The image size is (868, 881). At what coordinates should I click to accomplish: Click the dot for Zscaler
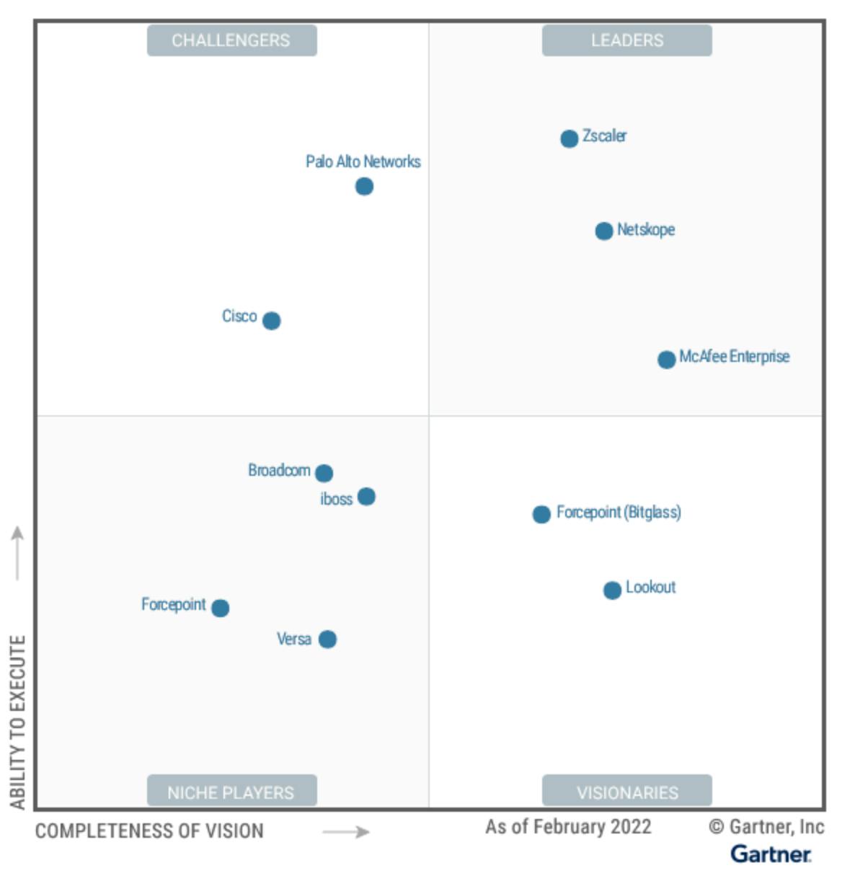tap(569, 138)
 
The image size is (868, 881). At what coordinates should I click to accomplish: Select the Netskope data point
tap(603, 231)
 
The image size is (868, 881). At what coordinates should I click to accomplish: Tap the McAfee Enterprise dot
tap(666, 359)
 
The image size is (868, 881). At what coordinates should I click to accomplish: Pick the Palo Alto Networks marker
tap(364, 187)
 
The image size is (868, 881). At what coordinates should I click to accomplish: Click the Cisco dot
tap(271, 321)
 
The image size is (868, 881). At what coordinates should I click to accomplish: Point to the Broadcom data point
tap(324, 473)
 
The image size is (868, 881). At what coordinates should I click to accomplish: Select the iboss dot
tap(366, 497)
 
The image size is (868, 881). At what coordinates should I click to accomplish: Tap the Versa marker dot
tap(327, 639)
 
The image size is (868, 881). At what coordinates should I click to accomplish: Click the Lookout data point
tap(612, 590)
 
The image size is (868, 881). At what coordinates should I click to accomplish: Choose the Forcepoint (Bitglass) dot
tap(541, 514)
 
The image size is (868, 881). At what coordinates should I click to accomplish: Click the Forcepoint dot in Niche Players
tap(221, 608)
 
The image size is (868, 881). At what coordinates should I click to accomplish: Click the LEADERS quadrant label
tap(627, 40)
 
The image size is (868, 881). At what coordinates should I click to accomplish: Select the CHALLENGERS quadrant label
tap(231, 40)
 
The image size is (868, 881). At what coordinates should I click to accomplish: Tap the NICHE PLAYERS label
tap(231, 792)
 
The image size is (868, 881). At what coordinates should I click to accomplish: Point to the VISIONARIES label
tap(627, 792)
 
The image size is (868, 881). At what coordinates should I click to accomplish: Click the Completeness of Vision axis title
tap(149, 831)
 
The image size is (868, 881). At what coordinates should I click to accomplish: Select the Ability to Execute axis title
tap(17, 721)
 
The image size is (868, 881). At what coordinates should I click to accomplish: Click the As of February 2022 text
tap(568, 827)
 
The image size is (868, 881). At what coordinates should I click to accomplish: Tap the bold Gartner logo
tap(771, 854)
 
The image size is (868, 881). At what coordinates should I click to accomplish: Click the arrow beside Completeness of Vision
tap(345, 832)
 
